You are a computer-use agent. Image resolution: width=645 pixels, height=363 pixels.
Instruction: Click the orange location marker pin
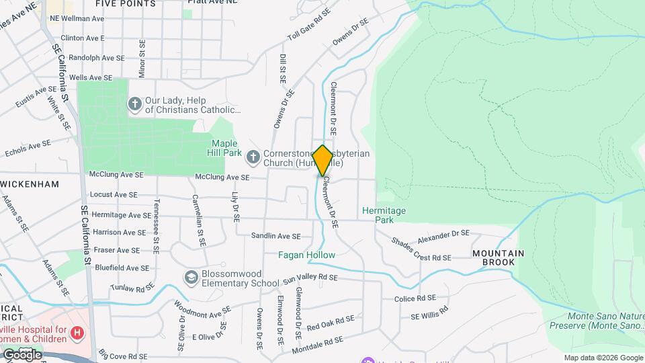[322, 160]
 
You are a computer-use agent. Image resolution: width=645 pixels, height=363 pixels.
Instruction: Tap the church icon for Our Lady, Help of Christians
[134, 104]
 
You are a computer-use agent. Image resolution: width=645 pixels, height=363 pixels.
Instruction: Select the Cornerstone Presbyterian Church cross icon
[253, 157]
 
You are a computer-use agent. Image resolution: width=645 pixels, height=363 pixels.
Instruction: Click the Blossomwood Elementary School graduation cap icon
[192, 277]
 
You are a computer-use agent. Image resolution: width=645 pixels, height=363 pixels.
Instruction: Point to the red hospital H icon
[79, 332]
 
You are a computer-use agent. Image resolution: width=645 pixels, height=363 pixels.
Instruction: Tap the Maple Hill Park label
[226, 148]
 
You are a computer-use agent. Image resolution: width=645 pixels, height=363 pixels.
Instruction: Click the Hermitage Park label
[384, 215]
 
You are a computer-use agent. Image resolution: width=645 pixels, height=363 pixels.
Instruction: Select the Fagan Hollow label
[306, 255]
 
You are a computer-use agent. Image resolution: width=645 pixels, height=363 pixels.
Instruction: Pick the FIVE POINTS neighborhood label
[126, 4]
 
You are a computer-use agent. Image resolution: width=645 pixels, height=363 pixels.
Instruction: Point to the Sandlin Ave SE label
[281, 236]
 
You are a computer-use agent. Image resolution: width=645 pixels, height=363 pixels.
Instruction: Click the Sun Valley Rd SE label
[310, 278]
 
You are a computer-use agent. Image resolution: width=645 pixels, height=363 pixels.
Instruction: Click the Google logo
[22, 354]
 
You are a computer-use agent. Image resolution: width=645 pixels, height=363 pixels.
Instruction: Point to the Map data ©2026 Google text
[603, 358]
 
